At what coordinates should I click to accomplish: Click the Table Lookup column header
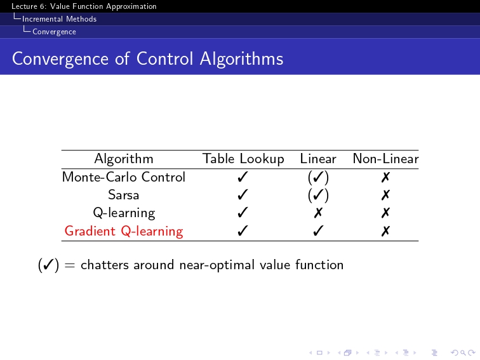(x=243, y=159)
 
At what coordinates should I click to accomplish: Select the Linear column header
(x=318, y=159)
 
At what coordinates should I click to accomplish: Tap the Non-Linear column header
(x=386, y=159)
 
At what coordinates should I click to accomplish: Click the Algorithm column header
(x=124, y=159)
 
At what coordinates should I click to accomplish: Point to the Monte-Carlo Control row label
(x=124, y=177)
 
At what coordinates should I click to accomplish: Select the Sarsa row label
(x=124, y=195)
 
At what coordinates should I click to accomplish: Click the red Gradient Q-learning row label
(x=124, y=231)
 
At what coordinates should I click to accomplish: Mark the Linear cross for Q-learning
(x=318, y=213)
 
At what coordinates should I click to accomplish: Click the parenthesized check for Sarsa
(x=318, y=195)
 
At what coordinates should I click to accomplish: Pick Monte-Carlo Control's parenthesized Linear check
(x=318, y=177)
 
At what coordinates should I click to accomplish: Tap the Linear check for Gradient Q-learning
(x=318, y=231)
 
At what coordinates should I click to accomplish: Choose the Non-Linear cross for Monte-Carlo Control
(x=386, y=177)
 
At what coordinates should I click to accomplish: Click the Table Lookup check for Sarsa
(x=243, y=195)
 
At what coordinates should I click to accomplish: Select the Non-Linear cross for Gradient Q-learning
(x=386, y=231)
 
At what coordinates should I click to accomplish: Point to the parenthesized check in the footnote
(x=48, y=265)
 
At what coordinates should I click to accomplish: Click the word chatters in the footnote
(x=105, y=265)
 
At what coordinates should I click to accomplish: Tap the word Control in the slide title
(x=164, y=58)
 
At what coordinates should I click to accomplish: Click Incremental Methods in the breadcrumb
(x=60, y=19)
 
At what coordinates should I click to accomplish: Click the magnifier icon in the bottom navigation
(x=463, y=353)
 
